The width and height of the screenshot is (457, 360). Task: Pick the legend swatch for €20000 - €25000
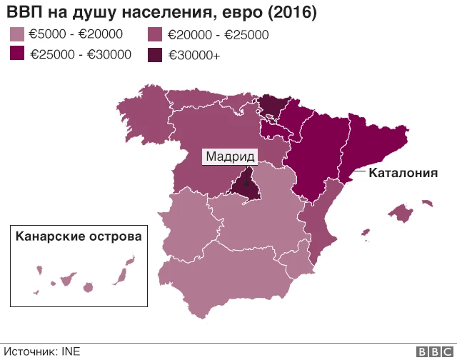coord(155,34)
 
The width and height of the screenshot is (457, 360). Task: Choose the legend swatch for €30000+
coord(155,54)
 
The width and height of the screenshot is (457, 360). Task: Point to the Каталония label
coord(403,173)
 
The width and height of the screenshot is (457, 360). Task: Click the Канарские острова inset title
coord(78,236)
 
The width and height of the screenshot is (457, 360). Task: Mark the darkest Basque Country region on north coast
coord(271,106)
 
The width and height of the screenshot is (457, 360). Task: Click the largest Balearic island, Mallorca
coord(401,212)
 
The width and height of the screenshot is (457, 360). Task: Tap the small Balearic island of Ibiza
coord(366,233)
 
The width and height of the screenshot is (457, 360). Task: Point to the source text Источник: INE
coord(42,351)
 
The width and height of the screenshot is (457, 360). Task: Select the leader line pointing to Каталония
coord(356,171)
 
